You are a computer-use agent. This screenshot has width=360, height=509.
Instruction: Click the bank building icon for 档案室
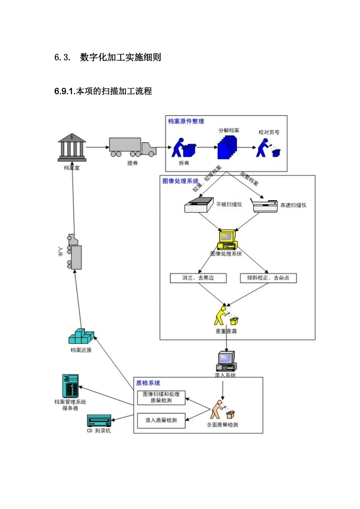(x=72, y=147)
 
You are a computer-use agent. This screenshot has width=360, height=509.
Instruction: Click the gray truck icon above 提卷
(x=132, y=147)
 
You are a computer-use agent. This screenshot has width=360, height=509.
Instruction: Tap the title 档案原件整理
(x=186, y=121)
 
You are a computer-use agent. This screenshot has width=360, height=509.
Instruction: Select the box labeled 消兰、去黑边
(x=198, y=278)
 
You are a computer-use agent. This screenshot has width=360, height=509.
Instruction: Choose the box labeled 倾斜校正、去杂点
(x=268, y=278)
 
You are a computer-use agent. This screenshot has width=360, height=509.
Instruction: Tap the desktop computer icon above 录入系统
(x=226, y=361)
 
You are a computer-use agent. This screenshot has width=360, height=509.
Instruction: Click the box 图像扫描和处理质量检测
(x=161, y=397)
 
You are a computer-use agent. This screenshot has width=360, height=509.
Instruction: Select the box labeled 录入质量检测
(x=161, y=420)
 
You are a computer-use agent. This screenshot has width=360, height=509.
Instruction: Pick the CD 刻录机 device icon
(x=99, y=421)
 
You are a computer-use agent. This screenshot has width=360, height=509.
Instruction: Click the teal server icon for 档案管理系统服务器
(x=70, y=386)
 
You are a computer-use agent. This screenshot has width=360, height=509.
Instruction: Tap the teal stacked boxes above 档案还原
(x=81, y=336)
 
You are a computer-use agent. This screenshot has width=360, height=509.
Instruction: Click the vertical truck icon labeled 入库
(x=74, y=252)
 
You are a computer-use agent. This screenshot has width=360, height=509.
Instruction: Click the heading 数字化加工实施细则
(x=121, y=57)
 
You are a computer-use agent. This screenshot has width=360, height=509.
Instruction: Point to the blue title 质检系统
(x=148, y=383)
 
